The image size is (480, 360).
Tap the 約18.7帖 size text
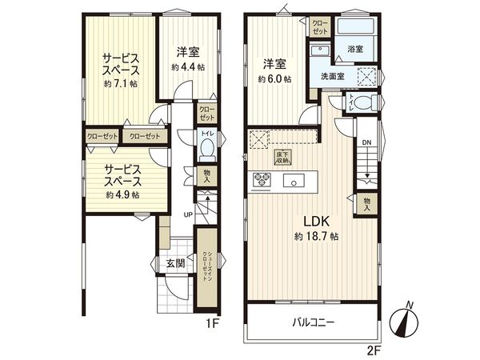[x=315, y=237]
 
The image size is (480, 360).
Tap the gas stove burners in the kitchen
[x=262, y=179]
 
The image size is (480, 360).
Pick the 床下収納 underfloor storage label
[x=282, y=158]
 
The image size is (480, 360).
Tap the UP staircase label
[x=188, y=215]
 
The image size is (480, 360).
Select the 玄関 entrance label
[x=176, y=262]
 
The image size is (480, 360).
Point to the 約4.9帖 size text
[x=122, y=194]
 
